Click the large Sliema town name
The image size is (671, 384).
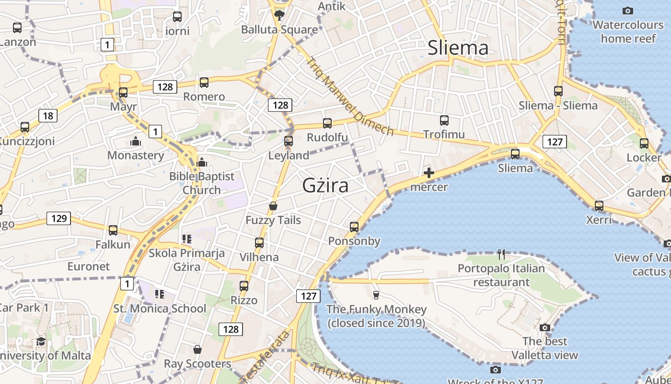tap(458, 48)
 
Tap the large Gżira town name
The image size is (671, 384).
tap(325, 185)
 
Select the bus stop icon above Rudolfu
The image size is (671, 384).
tap(327, 123)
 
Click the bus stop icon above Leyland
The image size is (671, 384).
tap(289, 141)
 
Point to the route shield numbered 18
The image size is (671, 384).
tap(47, 116)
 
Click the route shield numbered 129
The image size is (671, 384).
tap(58, 219)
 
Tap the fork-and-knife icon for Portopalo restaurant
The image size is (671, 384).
tap(501, 254)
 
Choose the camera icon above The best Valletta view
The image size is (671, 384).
tap(544, 327)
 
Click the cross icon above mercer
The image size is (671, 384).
tap(429, 173)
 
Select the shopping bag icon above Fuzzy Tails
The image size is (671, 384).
tap(273, 206)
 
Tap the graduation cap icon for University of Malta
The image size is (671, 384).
tap(41, 342)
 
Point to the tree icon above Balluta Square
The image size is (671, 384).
tap(279, 15)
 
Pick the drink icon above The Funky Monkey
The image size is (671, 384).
tap(376, 295)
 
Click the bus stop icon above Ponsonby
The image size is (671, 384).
tap(354, 227)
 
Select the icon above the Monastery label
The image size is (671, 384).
tap(136, 141)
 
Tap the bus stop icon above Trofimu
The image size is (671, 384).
tap(444, 120)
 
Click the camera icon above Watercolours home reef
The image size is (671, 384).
tap(627, 11)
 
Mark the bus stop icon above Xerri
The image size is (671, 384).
tap(599, 206)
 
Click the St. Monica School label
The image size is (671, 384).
tap(160, 308)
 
